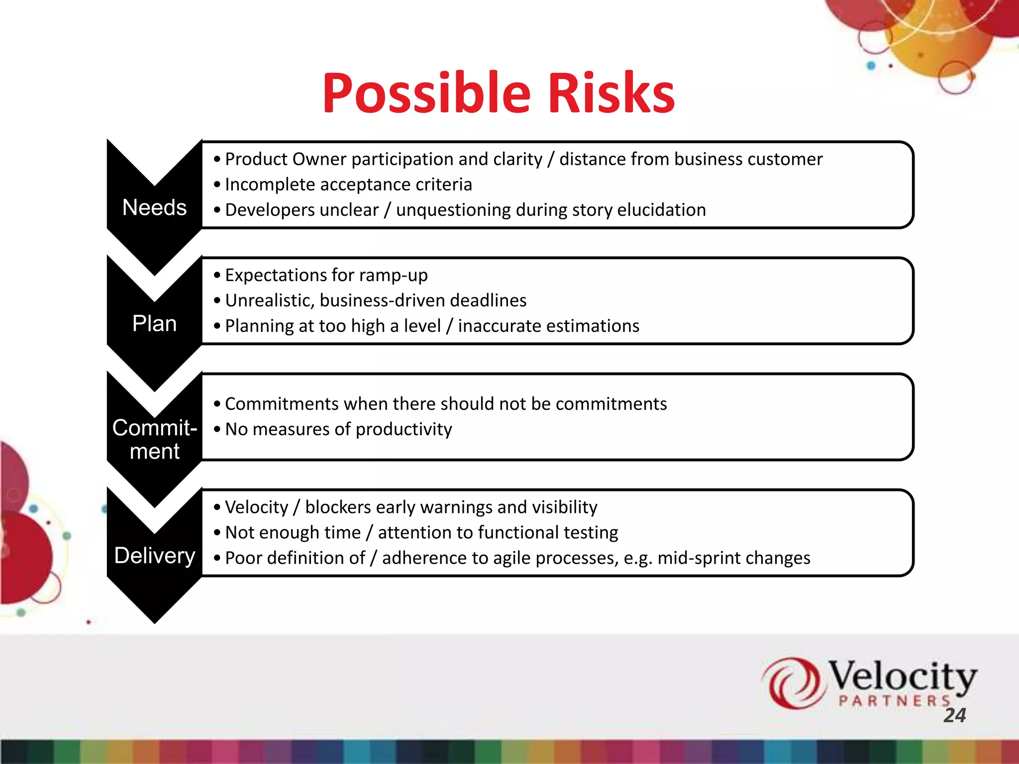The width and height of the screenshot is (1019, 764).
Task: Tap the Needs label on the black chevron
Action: (x=154, y=207)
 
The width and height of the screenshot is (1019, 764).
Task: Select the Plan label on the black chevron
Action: (x=154, y=324)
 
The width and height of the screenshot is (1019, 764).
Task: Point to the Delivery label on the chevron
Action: (x=154, y=556)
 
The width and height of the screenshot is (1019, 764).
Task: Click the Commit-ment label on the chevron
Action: (x=154, y=440)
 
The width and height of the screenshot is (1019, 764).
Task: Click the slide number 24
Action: (x=955, y=715)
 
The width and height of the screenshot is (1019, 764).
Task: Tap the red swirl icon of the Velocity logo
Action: (x=791, y=683)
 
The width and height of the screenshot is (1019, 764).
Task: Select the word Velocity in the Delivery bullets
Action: (x=256, y=507)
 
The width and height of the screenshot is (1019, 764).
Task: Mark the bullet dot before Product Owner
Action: (x=217, y=160)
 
